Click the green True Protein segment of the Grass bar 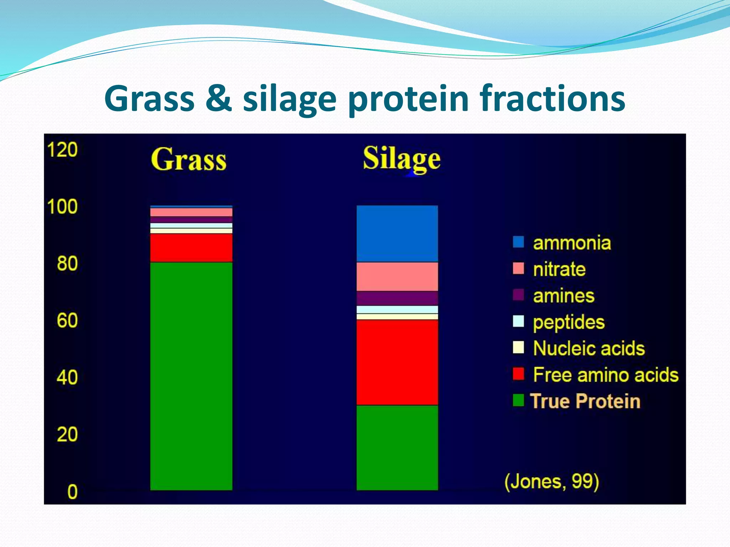coord(191,376)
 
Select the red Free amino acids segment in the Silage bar coord(397,362)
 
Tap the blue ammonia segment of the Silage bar coord(397,234)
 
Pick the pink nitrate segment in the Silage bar coord(397,277)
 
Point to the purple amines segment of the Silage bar coord(397,298)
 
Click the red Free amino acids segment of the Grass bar coord(191,248)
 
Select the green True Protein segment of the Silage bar coord(397,448)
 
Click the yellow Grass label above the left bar coord(189,160)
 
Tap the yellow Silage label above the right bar coord(402,159)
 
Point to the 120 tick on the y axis coord(62,150)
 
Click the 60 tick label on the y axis coord(67,321)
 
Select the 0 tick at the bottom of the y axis coord(72,492)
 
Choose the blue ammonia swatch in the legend coord(518,242)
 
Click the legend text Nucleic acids coord(589,348)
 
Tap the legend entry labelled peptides coord(569,322)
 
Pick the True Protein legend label coord(585,401)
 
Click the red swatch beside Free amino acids coord(518,374)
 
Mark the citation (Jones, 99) coord(551,481)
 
